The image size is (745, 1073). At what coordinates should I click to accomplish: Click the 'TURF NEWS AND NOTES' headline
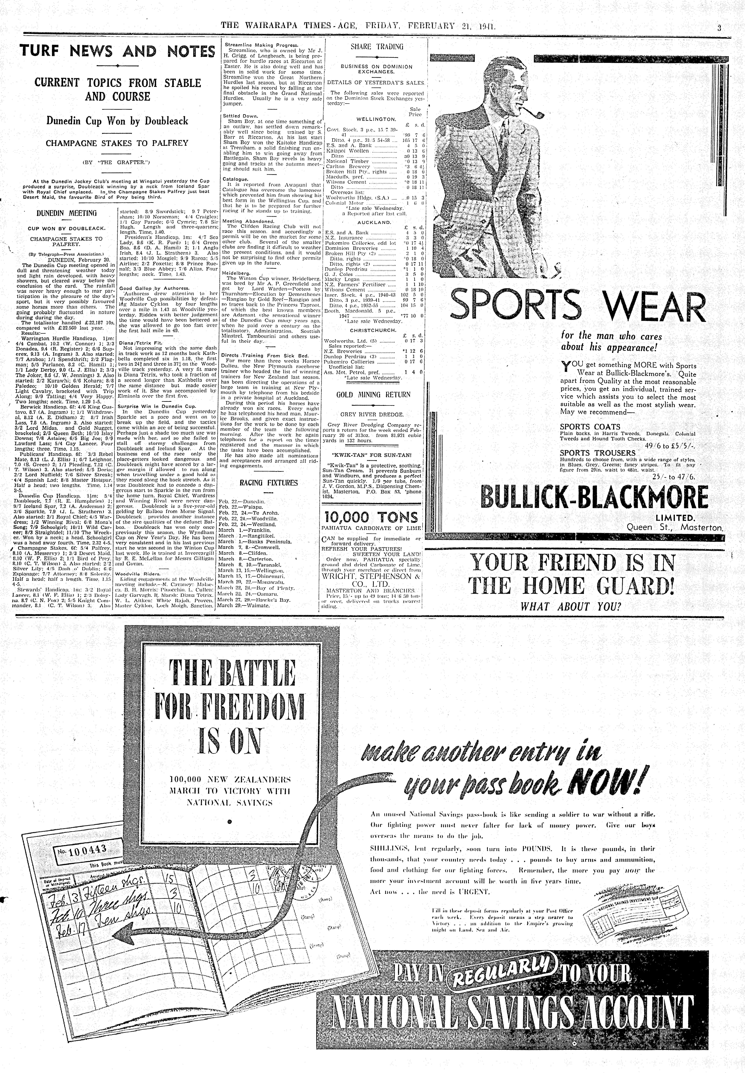(117, 51)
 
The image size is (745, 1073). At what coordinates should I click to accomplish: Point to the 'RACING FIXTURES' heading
(268, 483)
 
